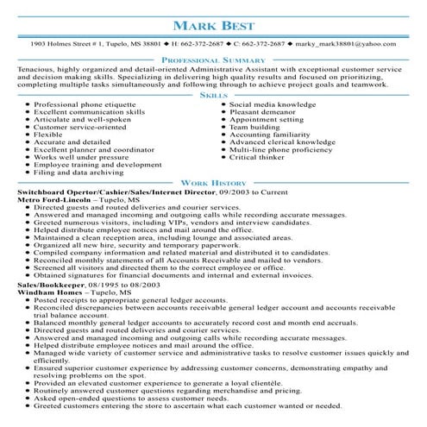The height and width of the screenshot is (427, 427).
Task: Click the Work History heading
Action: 213,184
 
